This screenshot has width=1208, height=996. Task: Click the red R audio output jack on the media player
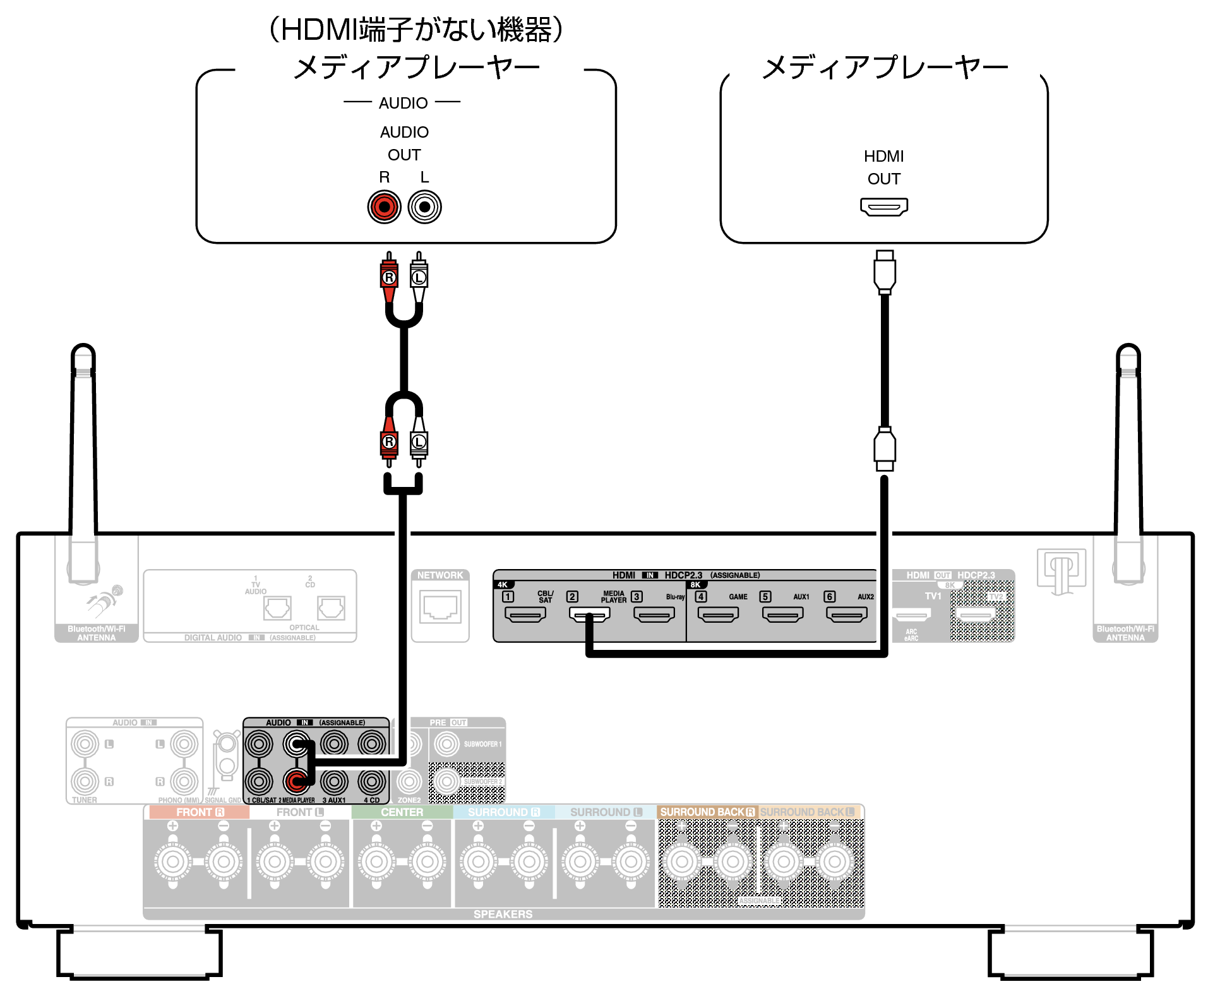384,207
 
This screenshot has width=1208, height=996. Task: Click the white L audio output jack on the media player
424,207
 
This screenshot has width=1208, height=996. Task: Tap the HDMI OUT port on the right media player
883,207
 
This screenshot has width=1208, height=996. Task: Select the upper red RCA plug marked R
389,277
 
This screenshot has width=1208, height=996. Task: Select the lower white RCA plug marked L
419,442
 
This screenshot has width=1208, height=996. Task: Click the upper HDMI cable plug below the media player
885,272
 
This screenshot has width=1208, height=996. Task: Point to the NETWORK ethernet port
440,608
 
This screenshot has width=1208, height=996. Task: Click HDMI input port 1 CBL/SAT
525,614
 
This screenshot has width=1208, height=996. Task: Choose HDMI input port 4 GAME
718,614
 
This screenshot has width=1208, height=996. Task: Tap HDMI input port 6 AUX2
846,614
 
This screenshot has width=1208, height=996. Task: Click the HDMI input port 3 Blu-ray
654,614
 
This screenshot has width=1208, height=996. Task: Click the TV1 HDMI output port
912,614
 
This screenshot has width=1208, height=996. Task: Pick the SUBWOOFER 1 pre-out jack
446,744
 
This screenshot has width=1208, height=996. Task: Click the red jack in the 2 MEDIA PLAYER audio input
296,781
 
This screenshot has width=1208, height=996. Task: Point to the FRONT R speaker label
200,812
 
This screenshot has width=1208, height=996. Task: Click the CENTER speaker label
402,812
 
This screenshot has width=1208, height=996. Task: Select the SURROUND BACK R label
707,812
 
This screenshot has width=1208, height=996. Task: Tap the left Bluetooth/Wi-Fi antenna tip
83,354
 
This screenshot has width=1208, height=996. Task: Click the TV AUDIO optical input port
277,608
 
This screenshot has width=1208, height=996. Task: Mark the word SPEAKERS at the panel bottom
503,914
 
